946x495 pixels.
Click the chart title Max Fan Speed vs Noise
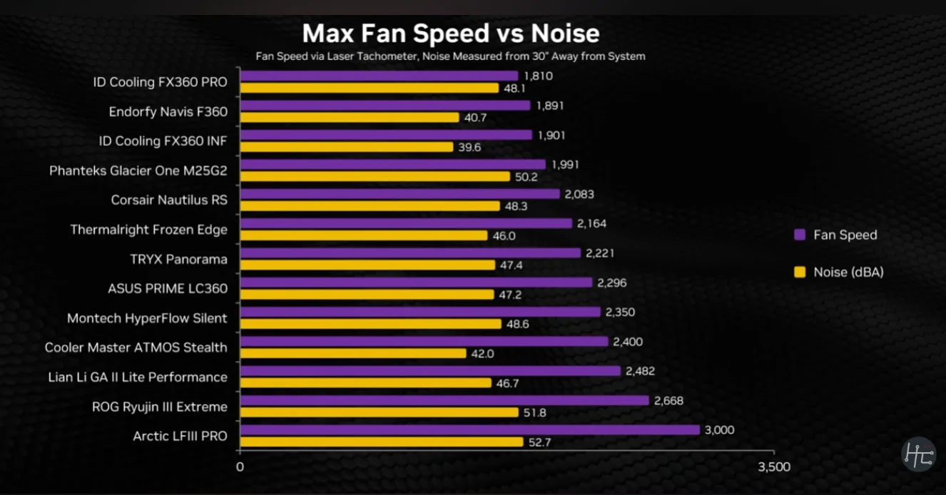click(451, 34)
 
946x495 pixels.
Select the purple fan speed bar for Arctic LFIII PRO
click(469, 430)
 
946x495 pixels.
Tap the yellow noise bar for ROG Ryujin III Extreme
click(379, 412)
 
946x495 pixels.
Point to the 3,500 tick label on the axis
click(774, 468)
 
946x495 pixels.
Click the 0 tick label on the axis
click(240, 468)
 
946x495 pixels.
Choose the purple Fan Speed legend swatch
click(799, 235)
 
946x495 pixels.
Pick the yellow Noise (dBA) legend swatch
click(799, 272)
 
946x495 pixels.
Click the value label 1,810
click(539, 76)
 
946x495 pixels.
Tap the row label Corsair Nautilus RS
click(169, 200)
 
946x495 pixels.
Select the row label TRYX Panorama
click(179, 259)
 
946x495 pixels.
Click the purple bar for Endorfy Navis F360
click(385, 106)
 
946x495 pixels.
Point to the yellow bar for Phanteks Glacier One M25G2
click(375, 176)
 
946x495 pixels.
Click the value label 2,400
click(628, 342)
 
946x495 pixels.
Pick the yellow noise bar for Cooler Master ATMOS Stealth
click(353, 353)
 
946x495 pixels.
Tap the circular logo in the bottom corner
click(918, 454)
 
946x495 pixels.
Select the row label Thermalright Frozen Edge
click(148, 230)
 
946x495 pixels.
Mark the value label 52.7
click(541, 442)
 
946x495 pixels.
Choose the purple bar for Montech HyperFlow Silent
click(420, 312)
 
